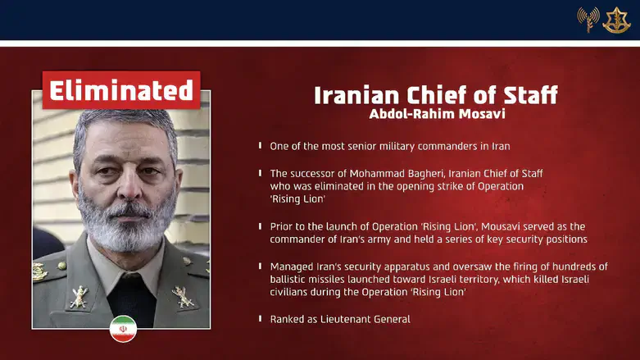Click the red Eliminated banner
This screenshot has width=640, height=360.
click(120, 89)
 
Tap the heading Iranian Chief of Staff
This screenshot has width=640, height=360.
click(435, 95)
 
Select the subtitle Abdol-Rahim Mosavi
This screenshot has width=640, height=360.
click(435, 114)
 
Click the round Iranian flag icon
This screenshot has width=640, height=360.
click(123, 328)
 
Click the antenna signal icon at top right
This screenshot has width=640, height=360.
click(588, 20)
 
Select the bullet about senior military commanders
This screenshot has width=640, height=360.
click(389, 146)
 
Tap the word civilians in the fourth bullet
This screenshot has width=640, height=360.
click(291, 292)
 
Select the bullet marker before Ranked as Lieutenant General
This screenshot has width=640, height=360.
click(261, 317)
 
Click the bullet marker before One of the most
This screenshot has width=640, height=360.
click(261, 146)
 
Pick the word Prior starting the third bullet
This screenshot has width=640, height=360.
click(282, 226)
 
